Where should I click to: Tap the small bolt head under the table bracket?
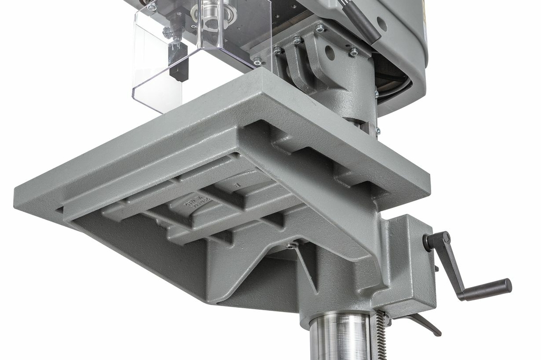click(x=291, y=246)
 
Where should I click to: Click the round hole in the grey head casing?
click(x=381, y=24)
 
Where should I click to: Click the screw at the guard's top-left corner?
click(x=152, y=7)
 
